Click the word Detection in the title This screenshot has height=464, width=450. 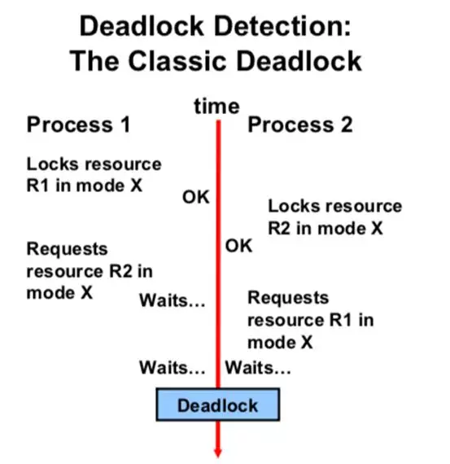282,26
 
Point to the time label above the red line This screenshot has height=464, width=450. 216,107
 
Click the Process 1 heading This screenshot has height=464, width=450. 79,125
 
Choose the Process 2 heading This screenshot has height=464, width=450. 300,125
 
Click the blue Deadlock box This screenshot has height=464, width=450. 218,405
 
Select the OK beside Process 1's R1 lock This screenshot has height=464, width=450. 196,197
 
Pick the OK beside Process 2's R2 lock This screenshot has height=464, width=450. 238,246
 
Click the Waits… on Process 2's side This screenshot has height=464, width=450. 258,368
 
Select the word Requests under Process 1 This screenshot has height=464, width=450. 68,249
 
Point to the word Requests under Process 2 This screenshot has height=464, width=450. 288,298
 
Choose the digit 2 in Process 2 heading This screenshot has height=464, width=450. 347,125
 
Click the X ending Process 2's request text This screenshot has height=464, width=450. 307,343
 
